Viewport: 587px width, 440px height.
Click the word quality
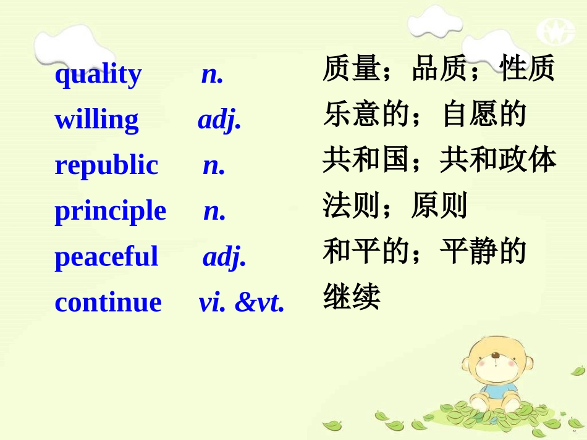(x=98, y=75)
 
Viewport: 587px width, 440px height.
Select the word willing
(x=96, y=120)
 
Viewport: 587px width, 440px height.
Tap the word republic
(x=106, y=166)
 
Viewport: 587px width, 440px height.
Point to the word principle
(x=111, y=212)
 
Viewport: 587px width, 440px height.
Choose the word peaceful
(x=106, y=257)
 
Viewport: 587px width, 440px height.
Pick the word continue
(x=108, y=302)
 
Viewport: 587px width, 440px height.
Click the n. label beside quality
(x=212, y=75)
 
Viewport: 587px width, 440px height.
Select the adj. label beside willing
(x=219, y=120)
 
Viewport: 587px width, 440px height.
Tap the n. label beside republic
(x=214, y=166)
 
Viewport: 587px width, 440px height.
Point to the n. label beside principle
(x=214, y=212)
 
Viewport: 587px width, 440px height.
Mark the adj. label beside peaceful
(x=224, y=257)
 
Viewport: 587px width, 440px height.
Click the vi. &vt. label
(x=242, y=302)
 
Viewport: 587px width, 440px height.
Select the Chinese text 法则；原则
(x=395, y=206)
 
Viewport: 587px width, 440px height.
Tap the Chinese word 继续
(x=351, y=297)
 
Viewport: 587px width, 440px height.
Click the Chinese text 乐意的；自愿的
(x=424, y=115)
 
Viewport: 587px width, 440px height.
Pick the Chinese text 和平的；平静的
(x=424, y=252)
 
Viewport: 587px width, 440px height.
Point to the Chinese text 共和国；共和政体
(x=439, y=160)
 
